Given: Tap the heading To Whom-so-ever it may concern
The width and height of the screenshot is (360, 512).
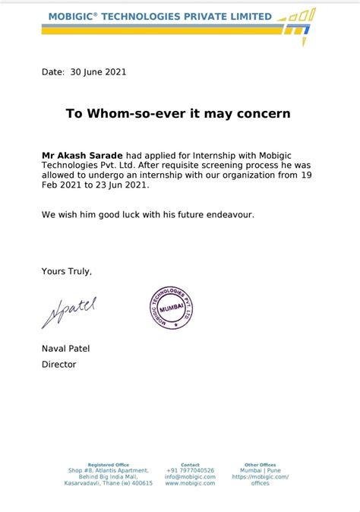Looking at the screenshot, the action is [178, 113].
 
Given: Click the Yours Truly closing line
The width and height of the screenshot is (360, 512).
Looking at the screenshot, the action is [67, 270].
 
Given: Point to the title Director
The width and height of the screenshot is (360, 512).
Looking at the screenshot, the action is [58, 364].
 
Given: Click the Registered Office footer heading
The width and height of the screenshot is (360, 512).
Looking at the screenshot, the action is [109, 464].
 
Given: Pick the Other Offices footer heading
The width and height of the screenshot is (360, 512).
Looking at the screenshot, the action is [260, 464].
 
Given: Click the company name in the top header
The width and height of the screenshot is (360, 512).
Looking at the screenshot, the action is [159, 16].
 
